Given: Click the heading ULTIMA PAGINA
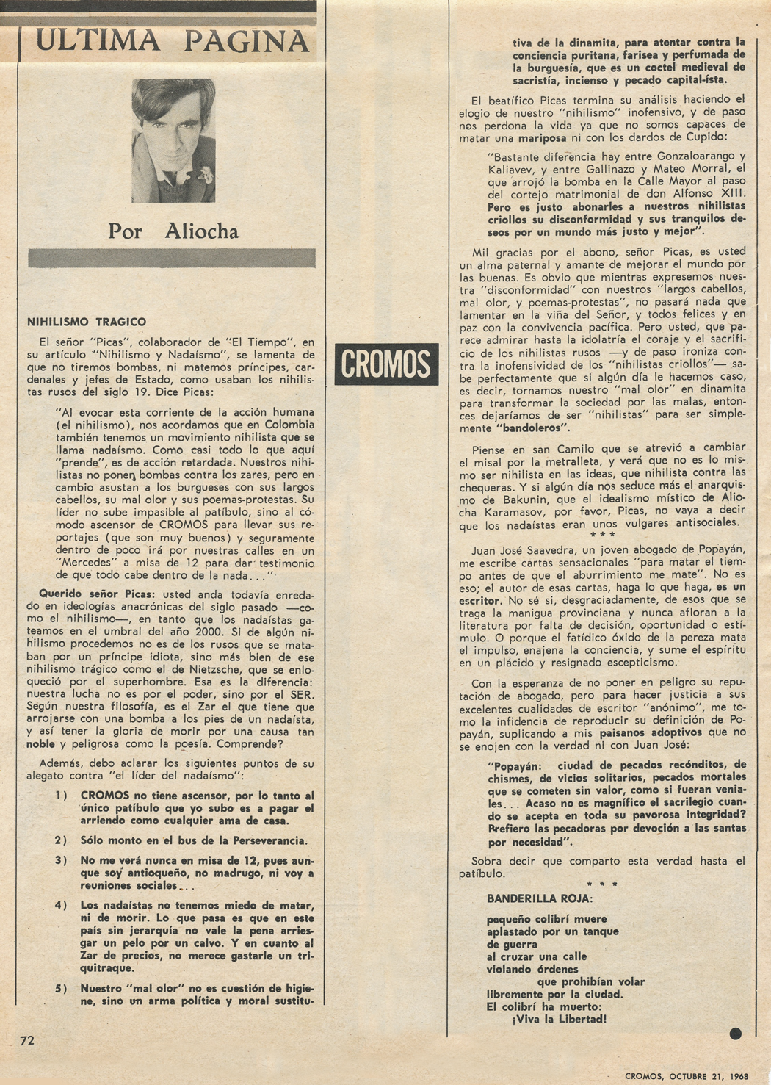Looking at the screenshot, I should [x=172, y=41].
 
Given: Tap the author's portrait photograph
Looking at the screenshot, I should [x=173, y=140].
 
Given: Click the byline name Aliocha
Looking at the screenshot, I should [x=202, y=231].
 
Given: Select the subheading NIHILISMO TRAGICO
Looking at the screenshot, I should [x=87, y=322].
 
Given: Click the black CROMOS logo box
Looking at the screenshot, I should [x=386, y=364].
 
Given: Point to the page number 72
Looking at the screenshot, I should [x=27, y=1040].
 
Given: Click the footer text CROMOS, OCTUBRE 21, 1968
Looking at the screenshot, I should [x=687, y=1076].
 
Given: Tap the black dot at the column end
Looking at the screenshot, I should [x=735, y=1034].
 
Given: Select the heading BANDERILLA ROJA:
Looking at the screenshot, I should [x=540, y=898].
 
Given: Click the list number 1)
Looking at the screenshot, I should [x=61, y=796].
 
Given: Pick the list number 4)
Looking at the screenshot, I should [x=61, y=905].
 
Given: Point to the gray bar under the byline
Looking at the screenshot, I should [x=171, y=258].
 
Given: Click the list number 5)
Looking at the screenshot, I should [x=61, y=989].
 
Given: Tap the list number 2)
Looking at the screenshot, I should [x=61, y=840].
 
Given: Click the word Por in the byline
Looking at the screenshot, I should [x=126, y=231].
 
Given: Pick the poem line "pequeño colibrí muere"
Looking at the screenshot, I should [x=546, y=919].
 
